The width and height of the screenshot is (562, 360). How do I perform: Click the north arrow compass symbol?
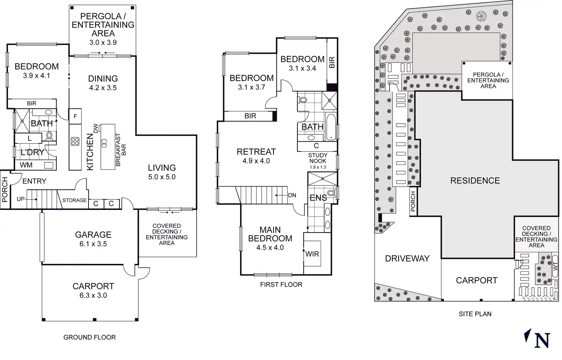(537, 338)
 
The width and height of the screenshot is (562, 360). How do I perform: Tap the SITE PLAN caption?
(475, 314)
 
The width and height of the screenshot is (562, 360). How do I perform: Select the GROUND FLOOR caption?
(89, 337)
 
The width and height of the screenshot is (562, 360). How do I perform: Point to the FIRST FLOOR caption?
(281, 284)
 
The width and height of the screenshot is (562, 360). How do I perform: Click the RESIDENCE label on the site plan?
(475, 181)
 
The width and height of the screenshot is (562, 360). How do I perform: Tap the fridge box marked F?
(75, 116)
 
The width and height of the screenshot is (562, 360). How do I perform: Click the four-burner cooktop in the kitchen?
(75, 142)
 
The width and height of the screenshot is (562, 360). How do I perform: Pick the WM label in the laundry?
(26, 165)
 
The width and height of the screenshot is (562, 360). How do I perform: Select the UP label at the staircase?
(21, 199)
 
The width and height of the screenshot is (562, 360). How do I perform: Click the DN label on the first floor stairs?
(292, 195)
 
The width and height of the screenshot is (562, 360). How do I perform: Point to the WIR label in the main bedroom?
(312, 254)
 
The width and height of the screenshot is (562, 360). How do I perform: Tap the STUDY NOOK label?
(318, 158)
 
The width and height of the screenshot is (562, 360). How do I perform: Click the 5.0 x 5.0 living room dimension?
(162, 177)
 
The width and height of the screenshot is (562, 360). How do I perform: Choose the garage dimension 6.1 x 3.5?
(93, 244)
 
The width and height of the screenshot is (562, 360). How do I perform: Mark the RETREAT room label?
(256, 152)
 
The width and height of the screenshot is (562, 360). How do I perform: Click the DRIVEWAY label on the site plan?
(407, 258)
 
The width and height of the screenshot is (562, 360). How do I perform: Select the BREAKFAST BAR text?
(121, 149)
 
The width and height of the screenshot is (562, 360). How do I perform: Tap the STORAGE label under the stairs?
(74, 200)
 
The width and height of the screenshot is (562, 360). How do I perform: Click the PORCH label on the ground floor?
(5, 189)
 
